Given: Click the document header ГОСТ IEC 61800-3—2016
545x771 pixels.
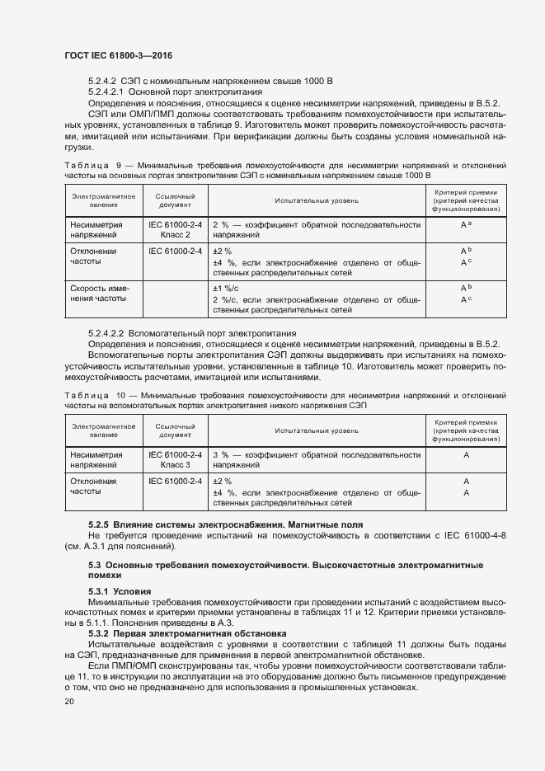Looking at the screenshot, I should pyautogui.click(x=118, y=55).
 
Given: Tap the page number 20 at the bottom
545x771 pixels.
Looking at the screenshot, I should pyautogui.click(x=69, y=701).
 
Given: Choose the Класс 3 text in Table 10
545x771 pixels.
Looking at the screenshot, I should pyautogui.click(x=175, y=465).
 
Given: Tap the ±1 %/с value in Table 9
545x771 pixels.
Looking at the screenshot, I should pyautogui.click(x=225, y=288).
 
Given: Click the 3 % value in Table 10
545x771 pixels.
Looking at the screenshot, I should pyautogui.click(x=220, y=454).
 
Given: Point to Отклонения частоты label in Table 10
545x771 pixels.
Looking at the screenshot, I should pyautogui.click(x=93, y=486).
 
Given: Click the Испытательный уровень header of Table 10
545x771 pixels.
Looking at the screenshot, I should pyautogui.click(x=317, y=430).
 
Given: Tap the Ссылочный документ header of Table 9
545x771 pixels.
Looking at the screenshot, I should pyautogui.click(x=175, y=200).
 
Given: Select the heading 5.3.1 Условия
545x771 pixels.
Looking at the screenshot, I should pyautogui.click(x=120, y=591).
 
